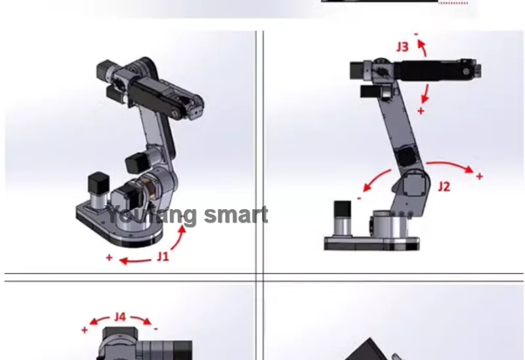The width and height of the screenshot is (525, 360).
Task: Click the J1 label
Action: coord(163,256)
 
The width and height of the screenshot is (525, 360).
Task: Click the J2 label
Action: coord(444,186)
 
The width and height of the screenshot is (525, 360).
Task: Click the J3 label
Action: coord(403,47)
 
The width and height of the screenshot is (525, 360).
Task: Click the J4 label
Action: coord(120,317)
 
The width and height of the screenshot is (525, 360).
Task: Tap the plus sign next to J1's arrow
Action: coord(109,258)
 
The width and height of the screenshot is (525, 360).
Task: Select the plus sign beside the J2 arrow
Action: coord(480,176)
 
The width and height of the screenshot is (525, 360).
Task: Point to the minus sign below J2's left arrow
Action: coord(359,199)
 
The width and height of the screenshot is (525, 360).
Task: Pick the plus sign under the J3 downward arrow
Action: coord(421,111)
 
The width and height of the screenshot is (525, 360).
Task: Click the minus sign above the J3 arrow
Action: coord(416,34)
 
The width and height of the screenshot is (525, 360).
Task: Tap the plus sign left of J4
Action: coord(85,330)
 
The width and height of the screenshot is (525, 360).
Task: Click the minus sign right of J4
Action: coord(156,329)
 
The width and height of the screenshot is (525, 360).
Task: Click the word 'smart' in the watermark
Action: coord(236,215)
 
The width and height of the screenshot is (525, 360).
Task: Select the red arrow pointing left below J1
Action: coord(135,261)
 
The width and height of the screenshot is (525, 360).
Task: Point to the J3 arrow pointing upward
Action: coord(423,47)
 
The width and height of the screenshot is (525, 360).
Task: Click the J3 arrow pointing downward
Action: coord(425,94)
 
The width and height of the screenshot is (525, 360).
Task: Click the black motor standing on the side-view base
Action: coord(343,209)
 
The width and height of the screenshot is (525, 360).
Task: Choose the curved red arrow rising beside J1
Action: coord(178,238)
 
